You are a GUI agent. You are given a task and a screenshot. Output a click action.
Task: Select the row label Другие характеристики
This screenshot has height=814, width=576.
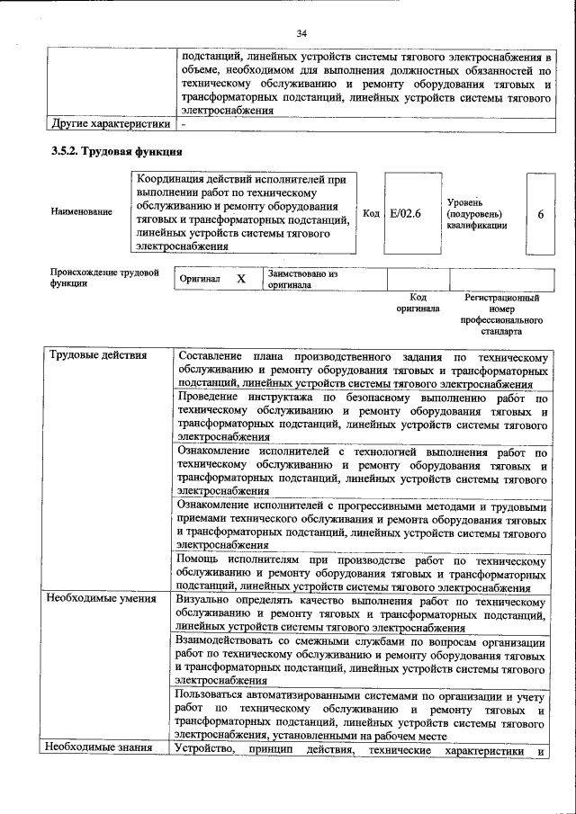click(x=109, y=124)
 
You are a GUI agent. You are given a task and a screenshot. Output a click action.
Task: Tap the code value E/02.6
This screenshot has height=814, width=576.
click(x=405, y=213)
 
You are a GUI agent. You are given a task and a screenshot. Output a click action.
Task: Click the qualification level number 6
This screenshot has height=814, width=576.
click(x=540, y=214)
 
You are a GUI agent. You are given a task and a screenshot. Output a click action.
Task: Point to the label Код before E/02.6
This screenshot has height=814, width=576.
click(x=371, y=213)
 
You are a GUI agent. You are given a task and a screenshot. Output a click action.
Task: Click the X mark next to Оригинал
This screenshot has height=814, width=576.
click(x=240, y=279)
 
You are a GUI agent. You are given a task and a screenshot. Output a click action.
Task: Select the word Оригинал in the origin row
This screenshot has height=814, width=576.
click(x=200, y=279)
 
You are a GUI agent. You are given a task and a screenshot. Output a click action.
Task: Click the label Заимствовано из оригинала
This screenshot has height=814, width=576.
click(x=301, y=278)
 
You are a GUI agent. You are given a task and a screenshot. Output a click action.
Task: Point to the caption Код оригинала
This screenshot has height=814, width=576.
click(x=418, y=302)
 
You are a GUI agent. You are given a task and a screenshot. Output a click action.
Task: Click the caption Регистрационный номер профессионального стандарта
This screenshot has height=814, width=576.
click(x=501, y=314)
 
